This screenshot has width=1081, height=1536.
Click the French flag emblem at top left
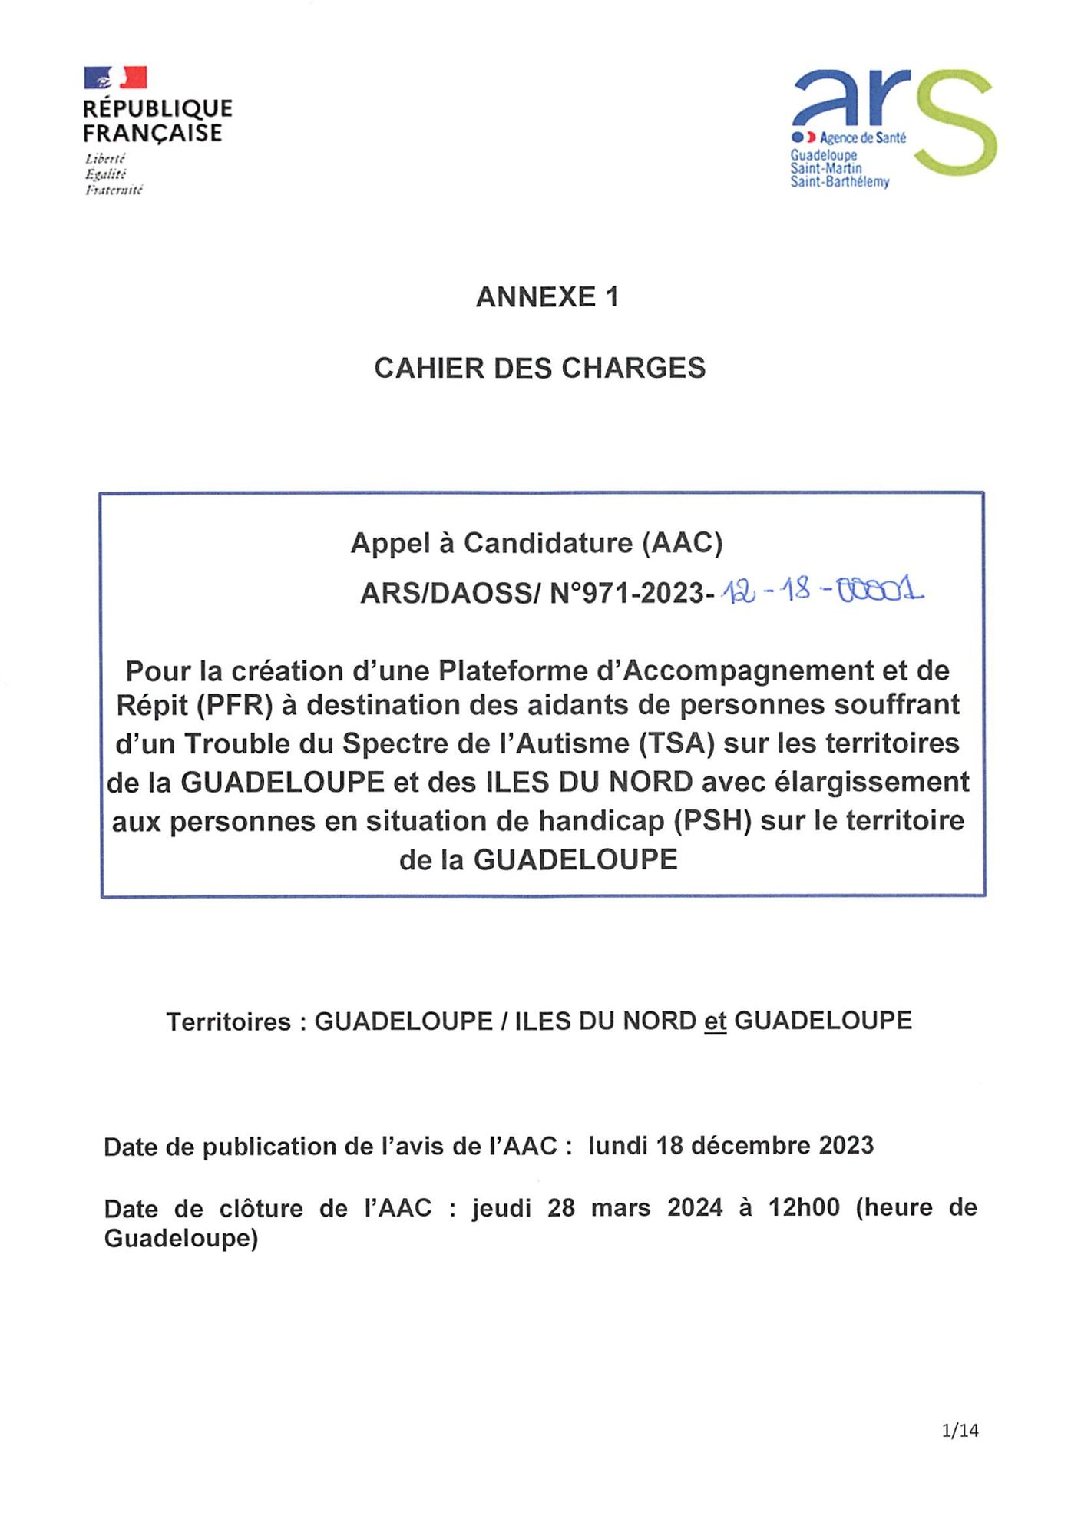click(115, 78)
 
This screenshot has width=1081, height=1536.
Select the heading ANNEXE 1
click(547, 297)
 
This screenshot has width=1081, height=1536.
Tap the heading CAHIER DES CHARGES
click(540, 369)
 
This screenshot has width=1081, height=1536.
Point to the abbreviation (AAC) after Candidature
click(683, 543)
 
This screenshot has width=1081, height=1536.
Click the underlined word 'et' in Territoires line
click(715, 1021)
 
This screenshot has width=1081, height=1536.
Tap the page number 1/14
click(960, 1430)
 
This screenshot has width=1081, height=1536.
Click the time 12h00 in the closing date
click(804, 1207)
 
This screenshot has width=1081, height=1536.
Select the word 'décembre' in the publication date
click(751, 1146)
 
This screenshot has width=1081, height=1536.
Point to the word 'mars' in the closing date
click(620, 1207)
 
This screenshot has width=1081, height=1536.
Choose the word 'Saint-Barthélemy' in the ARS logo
click(840, 182)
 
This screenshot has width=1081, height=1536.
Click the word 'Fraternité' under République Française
click(114, 190)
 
